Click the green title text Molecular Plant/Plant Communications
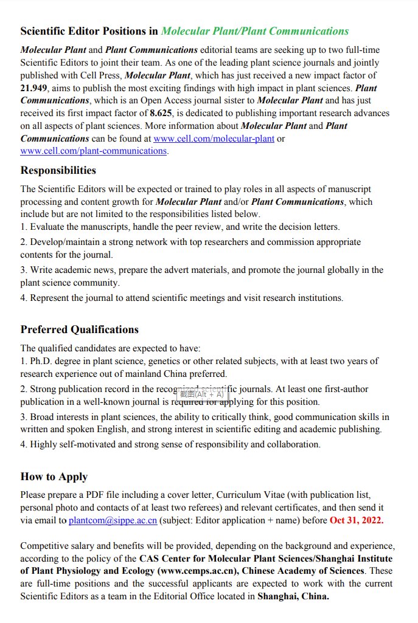pos(255,31)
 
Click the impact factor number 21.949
pos(33,88)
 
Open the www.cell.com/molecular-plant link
pos(214,139)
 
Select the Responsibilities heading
pos(58,170)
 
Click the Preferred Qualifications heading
pos(79,329)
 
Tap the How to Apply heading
pos(54,477)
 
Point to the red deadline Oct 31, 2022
pos(357,520)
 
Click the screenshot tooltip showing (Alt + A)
pos(202,394)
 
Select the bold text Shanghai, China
pos(293,596)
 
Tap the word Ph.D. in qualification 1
pos(42,361)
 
